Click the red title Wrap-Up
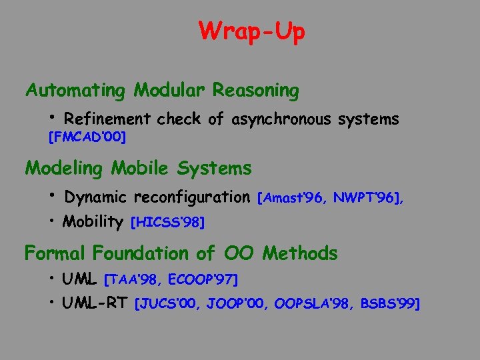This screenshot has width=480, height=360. pyautogui.click(x=251, y=31)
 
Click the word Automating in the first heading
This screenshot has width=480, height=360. pyautogui.click(x=75, y=90)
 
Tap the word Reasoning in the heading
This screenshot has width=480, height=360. pyautogui.click(x=255, y=90)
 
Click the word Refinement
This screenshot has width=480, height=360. pyautogui.click(x=107, y=119)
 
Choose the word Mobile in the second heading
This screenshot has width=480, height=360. pyautogui.click(x=141, y=168)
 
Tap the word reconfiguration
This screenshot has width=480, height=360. pyautogui.click(x=191, y=197)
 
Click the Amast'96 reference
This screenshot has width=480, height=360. pyautogui.click(x=293, y=197)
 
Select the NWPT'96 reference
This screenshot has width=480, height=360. pyautogui.click(x=367, y=197)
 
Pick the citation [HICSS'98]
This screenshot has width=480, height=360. pyautogui.click(x=167, y=222)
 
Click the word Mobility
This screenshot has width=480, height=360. pyautogui.click(x=93, y=221)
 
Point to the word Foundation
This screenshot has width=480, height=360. pyautogui.click(x=151, y=253)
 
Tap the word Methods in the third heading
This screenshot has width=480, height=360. pyautogui.click(x=300, y=253)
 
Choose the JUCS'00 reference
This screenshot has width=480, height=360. pyautogui.click(x=167, y=304)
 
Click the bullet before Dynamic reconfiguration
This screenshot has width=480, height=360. pyautogui.click(x=53, y=195)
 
